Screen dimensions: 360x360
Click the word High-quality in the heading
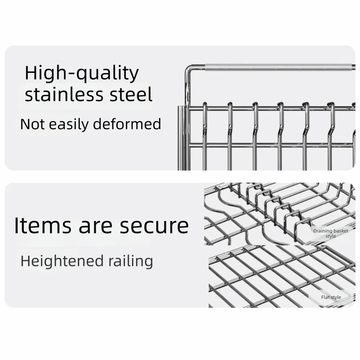click(x=82, y=73)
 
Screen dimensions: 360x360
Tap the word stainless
click(x=64, y=94)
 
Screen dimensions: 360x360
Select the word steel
click(x=131, y=94)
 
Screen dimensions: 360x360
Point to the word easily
click(x=69, y=125)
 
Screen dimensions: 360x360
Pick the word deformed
click(x=127, y=124)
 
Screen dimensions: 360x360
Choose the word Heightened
click(x=62, y=261)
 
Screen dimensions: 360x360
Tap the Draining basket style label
click(x=330, y=234)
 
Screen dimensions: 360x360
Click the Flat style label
click(x=331, y=297)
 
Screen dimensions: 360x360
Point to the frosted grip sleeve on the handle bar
click(x=279, y=68)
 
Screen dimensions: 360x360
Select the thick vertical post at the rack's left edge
click(x=181, y=138)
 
